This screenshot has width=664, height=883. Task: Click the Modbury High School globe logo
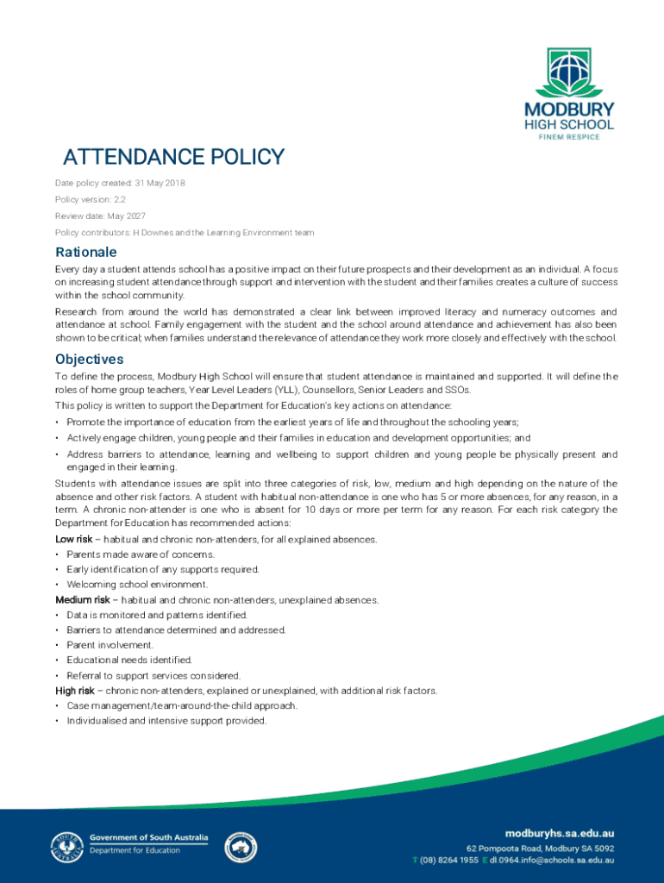pos(569,72)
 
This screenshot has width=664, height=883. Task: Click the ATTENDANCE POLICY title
pos(173,157)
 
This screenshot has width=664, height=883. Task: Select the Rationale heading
pos(85,253)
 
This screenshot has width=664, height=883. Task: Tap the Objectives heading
pos(90,359)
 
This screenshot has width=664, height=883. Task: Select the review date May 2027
pos(128,216)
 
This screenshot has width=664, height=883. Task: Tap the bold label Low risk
pos(73,539)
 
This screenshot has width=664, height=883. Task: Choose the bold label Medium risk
pos(83,599)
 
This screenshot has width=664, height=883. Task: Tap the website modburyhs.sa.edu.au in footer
pos(559,835)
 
